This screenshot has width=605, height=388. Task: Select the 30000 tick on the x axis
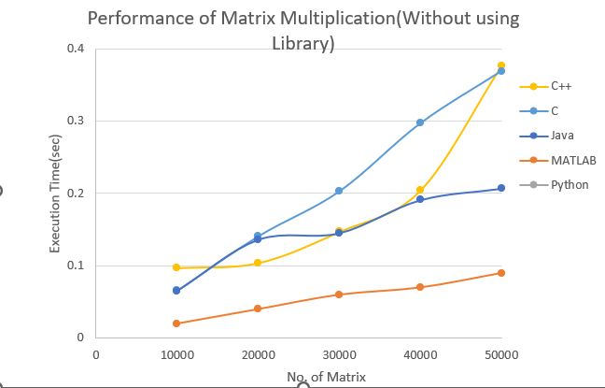point(339,355)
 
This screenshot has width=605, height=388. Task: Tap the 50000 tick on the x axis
point(501,355)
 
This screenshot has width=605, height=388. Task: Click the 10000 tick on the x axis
point(176,355)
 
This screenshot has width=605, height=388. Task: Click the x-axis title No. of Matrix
point(327,377)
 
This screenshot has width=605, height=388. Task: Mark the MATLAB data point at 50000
point(501,273)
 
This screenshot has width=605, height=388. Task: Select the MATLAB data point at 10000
point(176,323)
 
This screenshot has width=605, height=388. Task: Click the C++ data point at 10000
point(176,267)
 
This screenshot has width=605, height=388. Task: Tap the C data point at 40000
point(420,122)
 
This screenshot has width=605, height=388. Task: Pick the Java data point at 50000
point(501,189)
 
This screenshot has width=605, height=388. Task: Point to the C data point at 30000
point(339,191)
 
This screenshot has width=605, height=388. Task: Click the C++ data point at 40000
point(420,191)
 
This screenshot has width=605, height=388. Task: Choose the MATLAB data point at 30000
point(339,295)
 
